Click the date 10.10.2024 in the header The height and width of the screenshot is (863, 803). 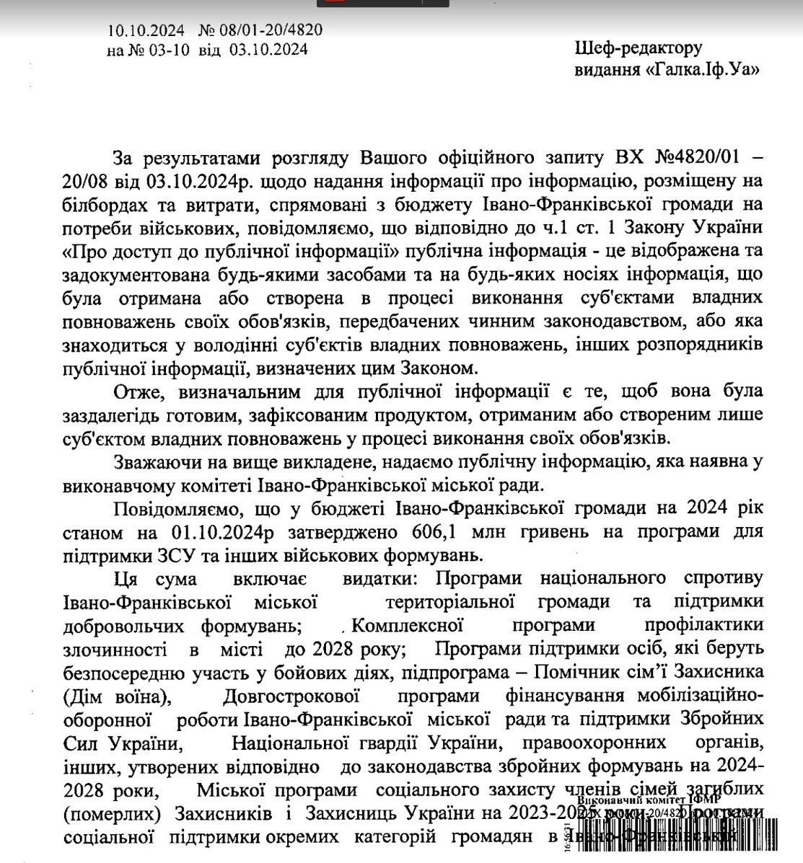[x=146, y=30]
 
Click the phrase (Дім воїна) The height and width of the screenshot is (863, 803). [x=118, y=697]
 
